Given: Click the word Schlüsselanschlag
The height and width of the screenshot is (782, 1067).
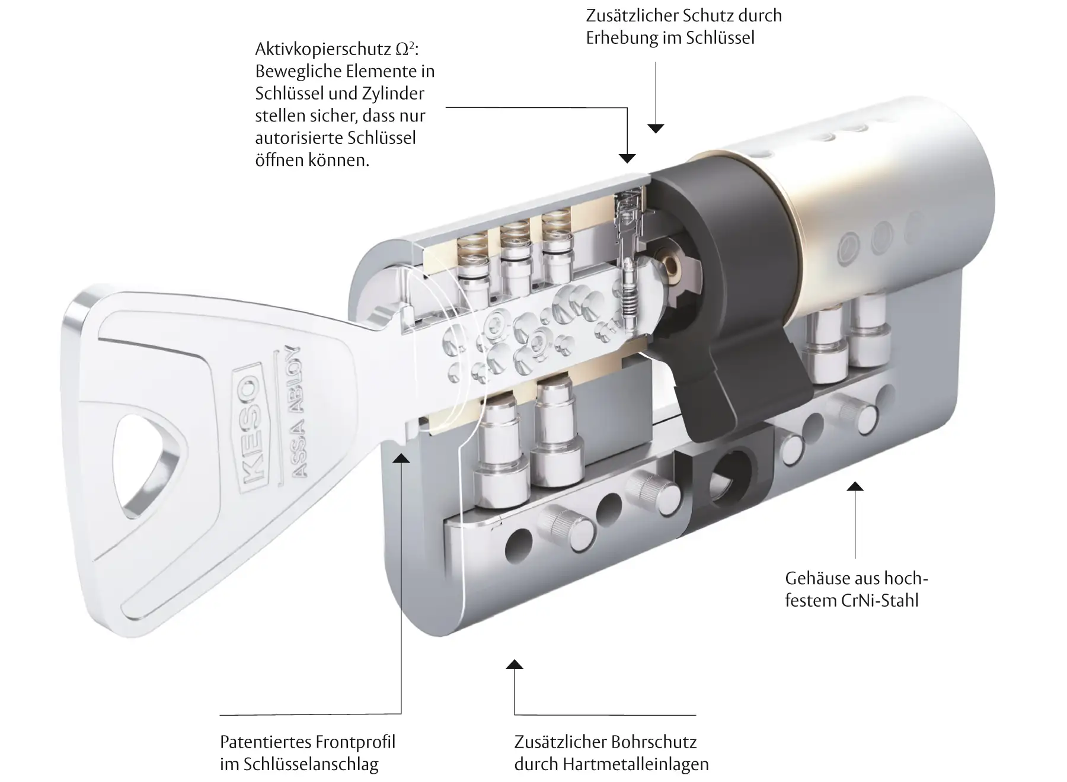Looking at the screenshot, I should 311,764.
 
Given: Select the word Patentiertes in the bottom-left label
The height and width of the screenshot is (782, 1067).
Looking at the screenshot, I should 266,742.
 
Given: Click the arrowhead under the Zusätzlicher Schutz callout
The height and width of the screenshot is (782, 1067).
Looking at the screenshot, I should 656,128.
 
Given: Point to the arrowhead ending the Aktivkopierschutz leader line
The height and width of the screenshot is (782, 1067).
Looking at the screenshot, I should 627,158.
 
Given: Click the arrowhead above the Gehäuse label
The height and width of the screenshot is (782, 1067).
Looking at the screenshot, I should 855,487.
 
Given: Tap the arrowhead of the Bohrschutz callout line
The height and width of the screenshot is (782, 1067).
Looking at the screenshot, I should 515,664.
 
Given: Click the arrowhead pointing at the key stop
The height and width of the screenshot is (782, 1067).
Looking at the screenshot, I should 401,457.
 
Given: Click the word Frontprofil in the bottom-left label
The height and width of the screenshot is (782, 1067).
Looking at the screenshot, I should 356,742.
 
